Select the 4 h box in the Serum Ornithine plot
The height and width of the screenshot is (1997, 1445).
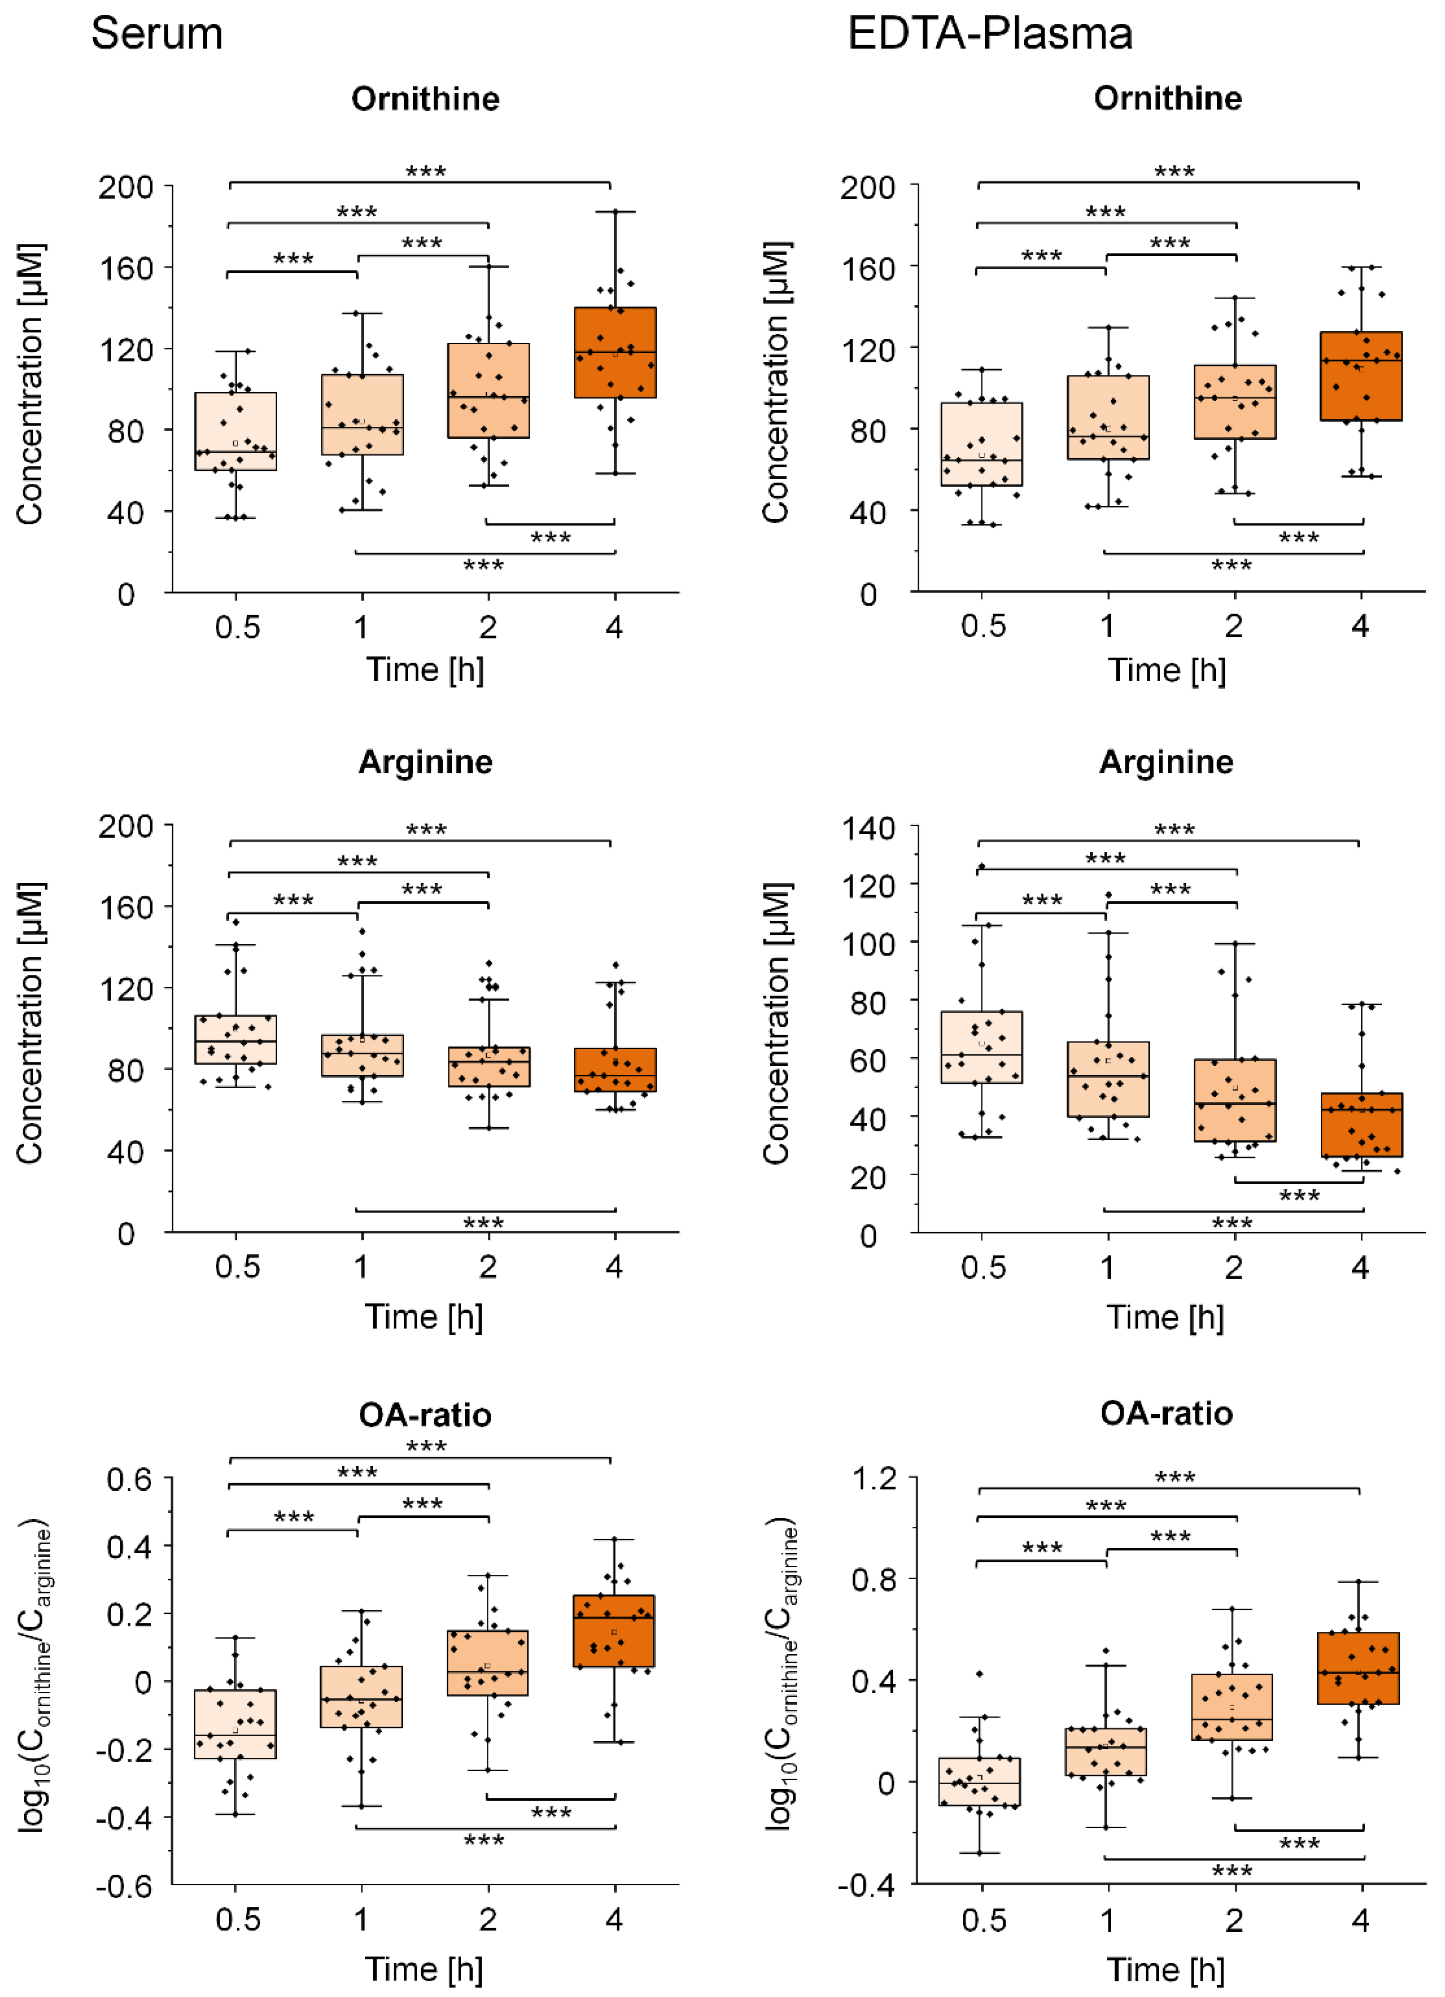tap(615, 352)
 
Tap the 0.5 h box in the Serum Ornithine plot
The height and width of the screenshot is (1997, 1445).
tap(235, 432)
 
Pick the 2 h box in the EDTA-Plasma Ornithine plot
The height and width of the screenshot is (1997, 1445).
tap(1234, 402)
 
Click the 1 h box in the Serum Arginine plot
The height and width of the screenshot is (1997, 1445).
tap(362, 1055)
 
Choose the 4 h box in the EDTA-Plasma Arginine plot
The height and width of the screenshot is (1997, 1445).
tap(1361, 1124)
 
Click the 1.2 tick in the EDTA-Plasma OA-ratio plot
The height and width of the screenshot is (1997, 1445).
tap(873, 1478)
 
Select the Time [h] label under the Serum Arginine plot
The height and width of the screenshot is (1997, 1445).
tap(425, 1316)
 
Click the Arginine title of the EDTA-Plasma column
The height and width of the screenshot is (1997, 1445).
tap(1166, 762)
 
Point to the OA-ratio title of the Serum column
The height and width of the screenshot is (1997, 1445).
tap(425, 1415)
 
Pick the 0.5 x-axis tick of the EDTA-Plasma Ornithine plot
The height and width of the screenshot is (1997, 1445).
tap(983, 626)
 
